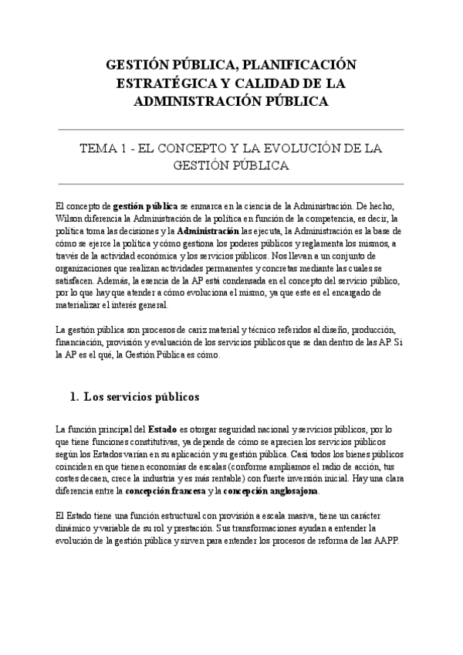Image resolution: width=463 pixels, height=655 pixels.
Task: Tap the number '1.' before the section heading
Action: point(75,397)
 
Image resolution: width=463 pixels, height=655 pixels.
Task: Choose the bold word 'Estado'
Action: point(163,428)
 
